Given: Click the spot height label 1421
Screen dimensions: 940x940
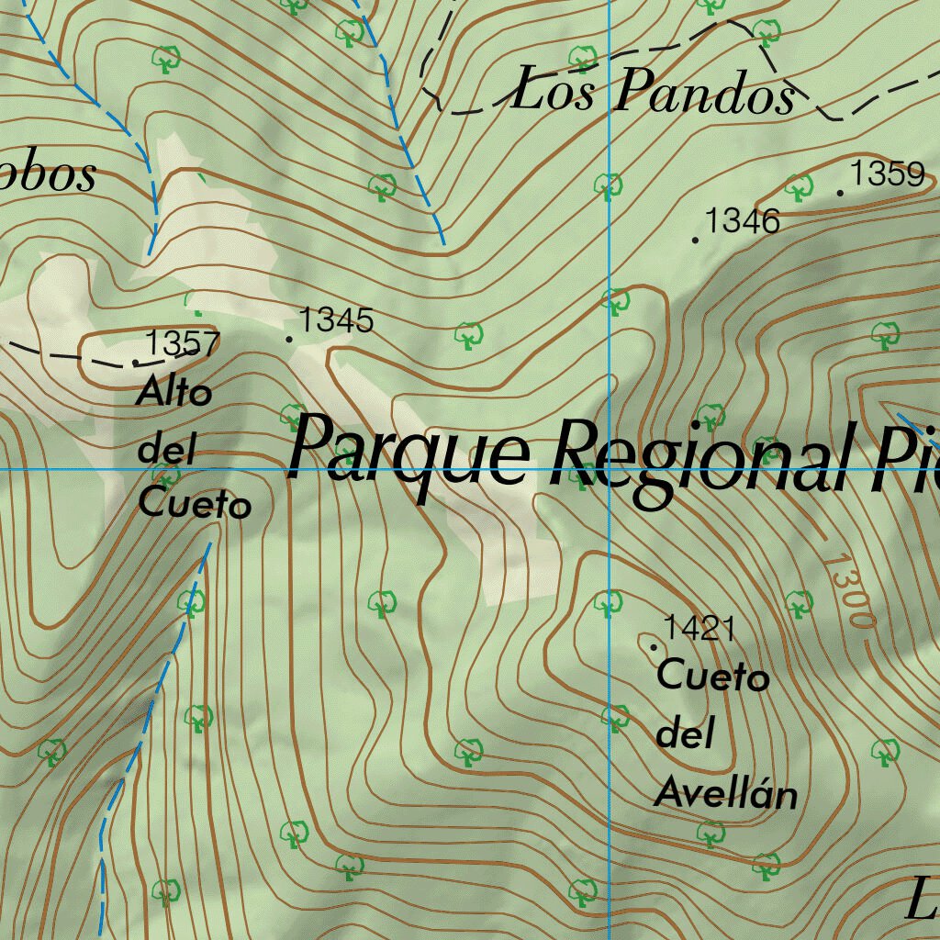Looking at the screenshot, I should click(699, 629).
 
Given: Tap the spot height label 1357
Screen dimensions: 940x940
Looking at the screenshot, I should click(183, 343).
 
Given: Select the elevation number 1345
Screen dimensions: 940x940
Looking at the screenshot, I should click(337, 320).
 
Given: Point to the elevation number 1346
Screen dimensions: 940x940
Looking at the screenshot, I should click(743, 220).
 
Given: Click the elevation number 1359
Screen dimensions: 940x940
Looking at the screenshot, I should click(887, 173).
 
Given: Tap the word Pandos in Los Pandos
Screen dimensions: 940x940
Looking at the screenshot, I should click(704, 94).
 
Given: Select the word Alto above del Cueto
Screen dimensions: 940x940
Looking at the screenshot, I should click(174, 393).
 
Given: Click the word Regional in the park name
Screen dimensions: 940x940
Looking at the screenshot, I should click(702, 459).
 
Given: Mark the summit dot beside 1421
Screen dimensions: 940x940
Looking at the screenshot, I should click(654, 647).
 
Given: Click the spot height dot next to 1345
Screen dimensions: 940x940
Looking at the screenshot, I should click(290, 340).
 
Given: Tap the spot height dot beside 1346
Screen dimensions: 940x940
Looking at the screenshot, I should click(695, 241).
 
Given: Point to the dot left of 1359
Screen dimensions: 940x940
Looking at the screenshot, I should click(841, 193).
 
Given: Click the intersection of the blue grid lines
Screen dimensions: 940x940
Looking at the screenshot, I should click(610, 469).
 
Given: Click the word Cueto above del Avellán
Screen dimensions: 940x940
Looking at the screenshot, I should click(713, 677).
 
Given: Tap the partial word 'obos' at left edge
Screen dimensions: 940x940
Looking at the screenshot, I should click(48, 174).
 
